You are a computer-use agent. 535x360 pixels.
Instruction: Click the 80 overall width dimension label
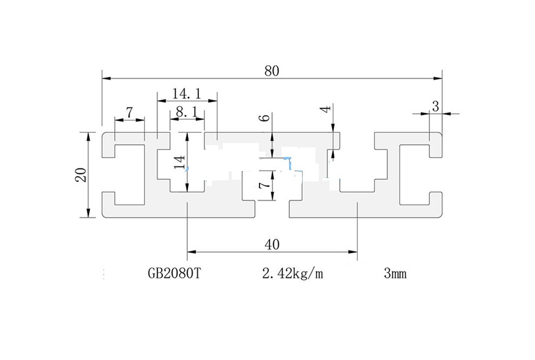click(272, 71)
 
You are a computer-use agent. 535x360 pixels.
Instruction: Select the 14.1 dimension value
click(186, 93)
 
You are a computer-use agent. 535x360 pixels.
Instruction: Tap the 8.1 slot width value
click(186, 112)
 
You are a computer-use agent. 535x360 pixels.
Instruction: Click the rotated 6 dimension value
click(266, 117)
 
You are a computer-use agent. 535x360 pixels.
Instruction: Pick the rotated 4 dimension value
click(326, 110)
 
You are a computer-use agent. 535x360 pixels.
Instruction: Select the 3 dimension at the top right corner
click(435, 106)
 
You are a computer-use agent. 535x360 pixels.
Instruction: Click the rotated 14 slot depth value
click(179, 161)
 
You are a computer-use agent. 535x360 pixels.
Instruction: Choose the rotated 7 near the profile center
click(264, 185)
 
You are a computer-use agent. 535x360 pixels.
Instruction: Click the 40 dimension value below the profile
click(272, 244)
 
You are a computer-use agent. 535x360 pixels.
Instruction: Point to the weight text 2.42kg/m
click(292, 273)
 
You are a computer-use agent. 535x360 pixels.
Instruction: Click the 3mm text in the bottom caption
click(395, 273)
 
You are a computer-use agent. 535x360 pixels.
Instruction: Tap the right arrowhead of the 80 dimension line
click(437, 79)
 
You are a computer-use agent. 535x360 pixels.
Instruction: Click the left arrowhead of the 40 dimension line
click(192, 252)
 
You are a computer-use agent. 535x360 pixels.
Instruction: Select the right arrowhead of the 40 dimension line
click(353, 252)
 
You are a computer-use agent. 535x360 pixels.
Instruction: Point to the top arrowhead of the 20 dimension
click(88, 137)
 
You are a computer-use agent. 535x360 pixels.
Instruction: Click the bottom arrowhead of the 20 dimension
click(88, 213)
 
